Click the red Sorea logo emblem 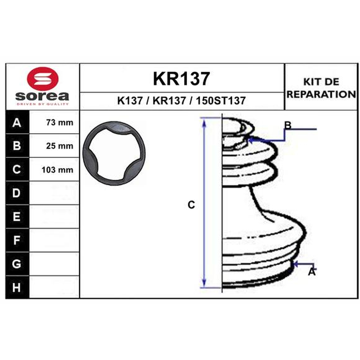[x=43, y=78]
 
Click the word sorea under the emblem [x=42, y=96]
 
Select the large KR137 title [x=181, y=78]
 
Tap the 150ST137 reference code [x=220, y=100]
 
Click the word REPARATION [x=321, y=94]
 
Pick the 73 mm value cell [x=54, y=122]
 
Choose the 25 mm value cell [x=54, y=146]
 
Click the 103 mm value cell [x=54, y=170]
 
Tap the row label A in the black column [x=17, y=123]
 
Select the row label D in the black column [x=16, y=193]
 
